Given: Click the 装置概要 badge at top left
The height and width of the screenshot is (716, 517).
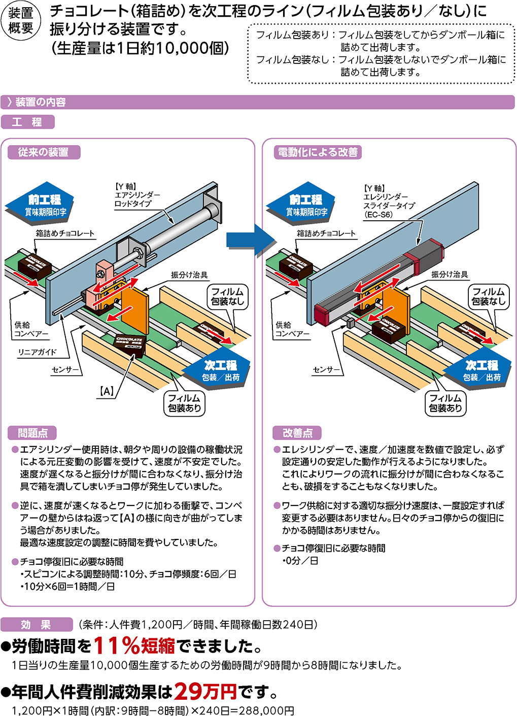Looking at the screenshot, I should (21, 21).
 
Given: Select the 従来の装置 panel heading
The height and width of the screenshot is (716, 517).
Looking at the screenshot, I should (44, 152).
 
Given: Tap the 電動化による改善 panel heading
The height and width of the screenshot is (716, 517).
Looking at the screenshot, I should (318, 152).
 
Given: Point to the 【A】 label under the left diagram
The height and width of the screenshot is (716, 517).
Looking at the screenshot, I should (107, 391).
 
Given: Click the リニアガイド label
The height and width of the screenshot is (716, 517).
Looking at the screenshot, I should (37, 352).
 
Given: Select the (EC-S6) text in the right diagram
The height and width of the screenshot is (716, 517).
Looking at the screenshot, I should (378, 215).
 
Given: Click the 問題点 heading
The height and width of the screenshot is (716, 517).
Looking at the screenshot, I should (32, 433).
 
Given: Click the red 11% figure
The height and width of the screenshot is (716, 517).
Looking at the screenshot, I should (117, 645).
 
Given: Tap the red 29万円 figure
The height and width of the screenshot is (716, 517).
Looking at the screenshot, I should (205, 691).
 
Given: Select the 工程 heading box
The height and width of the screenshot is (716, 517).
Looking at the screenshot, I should (27, 122).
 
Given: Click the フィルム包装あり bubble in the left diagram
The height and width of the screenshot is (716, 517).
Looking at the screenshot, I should (185, 403).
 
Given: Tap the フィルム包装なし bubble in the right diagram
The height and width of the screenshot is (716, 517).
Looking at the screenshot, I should (489, 296).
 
